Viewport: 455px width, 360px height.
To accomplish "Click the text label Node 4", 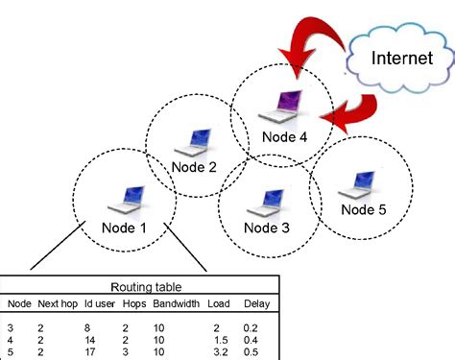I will (x=284, y=136).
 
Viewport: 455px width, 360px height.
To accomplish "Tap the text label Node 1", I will (x=126, y=228).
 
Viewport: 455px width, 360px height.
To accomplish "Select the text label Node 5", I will (x=365, y=209).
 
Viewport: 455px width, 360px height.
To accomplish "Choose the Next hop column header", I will (x=57, y=304).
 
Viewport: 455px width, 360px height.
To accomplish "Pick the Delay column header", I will (x=256, y=304).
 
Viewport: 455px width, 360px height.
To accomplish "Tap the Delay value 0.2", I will (x=251, y=326).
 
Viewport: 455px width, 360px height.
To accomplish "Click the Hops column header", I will (x=133, y=304).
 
